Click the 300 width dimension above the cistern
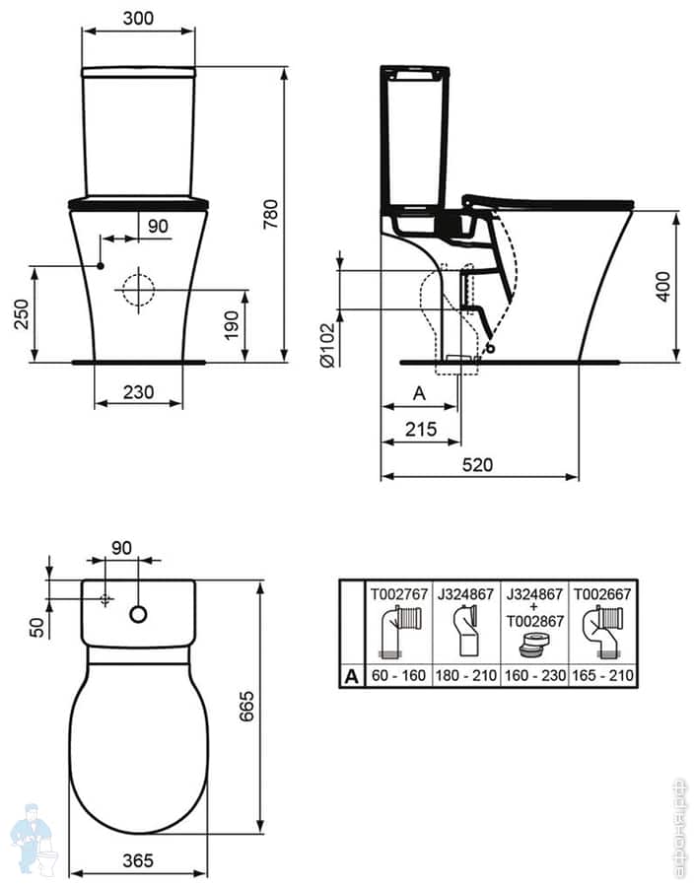coord(138,18)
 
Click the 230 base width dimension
coord(138,391)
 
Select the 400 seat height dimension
coord(661,285)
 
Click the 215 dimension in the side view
coord(420,429)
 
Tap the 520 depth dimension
coord(479,464)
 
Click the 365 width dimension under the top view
coord(138,860)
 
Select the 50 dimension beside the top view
coord(36,627)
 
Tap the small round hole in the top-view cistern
coord(139,615)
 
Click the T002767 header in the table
coord(400,593)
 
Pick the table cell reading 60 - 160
coord(400,676)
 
